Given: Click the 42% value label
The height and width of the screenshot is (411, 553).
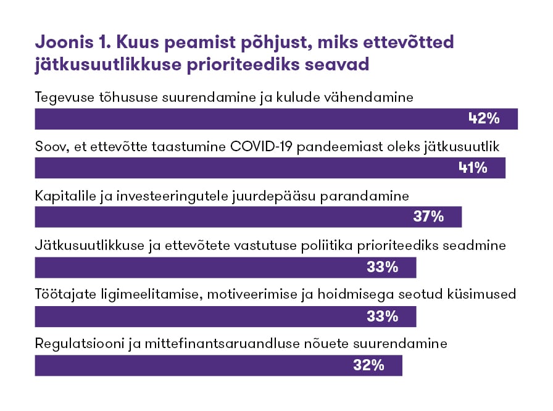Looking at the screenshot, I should (x=484, y=119).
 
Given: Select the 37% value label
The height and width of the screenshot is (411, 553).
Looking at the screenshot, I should (x=428, y=217).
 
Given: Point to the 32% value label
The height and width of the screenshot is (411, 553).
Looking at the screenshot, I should (x=369, y=365).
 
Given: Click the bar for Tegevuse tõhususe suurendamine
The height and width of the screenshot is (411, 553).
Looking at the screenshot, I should (x=247, y=119).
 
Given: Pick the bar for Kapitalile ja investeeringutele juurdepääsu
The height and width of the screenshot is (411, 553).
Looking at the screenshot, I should (x=216, y=217).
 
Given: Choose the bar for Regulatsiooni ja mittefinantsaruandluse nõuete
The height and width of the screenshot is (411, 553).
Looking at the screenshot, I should (x=185, y=365).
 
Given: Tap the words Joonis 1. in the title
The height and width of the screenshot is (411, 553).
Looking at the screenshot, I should (x=70, y=43).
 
